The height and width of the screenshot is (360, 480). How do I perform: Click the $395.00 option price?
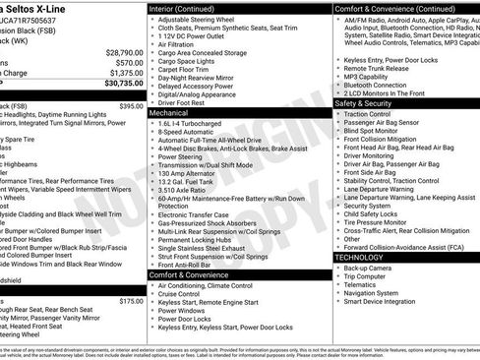(x=131, y=105)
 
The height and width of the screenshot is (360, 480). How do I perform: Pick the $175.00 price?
(x=131, y=302)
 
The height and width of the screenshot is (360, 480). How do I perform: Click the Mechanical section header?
(x=169, y=114)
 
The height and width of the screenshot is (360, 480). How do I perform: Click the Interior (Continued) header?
(x=190, y=8)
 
